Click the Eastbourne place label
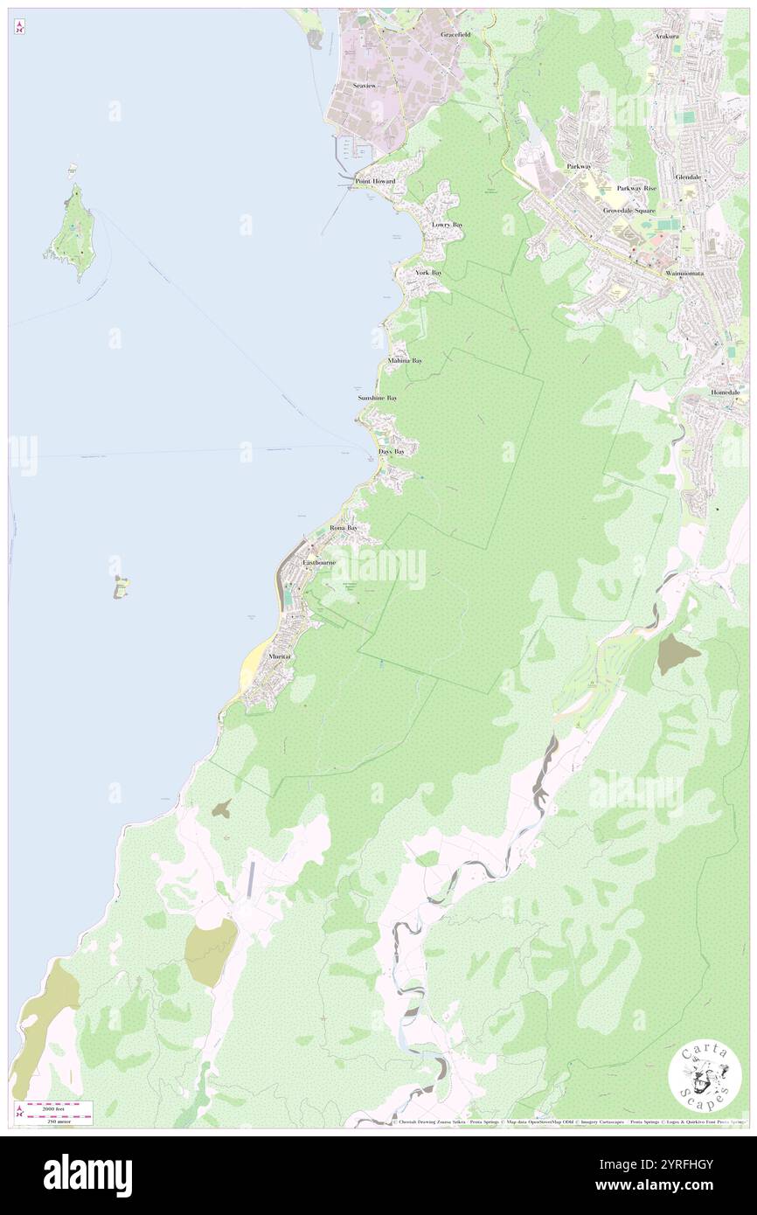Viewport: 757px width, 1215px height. pos(318,563)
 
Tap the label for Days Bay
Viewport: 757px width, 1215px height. pos(392,452)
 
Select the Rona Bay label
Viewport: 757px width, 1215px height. pos(344,529)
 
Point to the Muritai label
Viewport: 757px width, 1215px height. pos(280,656)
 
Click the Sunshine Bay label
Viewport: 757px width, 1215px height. pos(378,399)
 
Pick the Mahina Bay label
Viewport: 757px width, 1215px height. pos(405,361)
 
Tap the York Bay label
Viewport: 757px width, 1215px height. pos(428,274)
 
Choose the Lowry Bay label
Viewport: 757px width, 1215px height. pos(448,226)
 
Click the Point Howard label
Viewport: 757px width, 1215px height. pos(375,182)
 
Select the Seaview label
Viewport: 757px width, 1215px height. pos(364,86)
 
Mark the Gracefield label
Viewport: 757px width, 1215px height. pos(455,35)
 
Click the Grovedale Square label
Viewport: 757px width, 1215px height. pos(629,212)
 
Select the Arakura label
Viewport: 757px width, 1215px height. pos(667,37)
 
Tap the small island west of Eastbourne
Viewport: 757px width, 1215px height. pos(121,587)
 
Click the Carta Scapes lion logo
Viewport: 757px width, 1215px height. pos(705,1076)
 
